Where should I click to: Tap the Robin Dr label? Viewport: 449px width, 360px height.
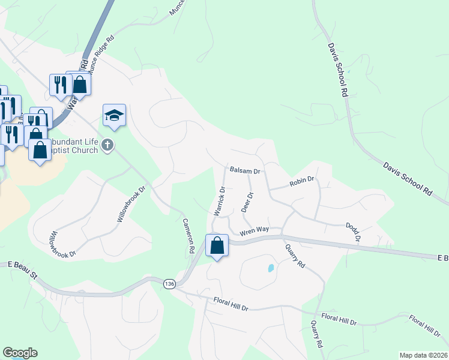coord(302,180)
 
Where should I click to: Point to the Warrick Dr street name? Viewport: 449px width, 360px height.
coord(219,202)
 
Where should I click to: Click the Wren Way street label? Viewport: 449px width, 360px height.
coord(254,230)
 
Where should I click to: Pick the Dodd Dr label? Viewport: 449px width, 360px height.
coord(352,232)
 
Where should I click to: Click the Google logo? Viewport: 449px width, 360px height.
coord(20,353)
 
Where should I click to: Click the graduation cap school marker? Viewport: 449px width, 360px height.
coord(114,116)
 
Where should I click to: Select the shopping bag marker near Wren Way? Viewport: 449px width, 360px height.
coord(217,245)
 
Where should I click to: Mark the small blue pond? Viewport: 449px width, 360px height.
coord(271,268)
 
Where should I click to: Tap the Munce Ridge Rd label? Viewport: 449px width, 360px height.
coord(102,57)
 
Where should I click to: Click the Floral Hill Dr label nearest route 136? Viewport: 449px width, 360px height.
coord(231,304)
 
